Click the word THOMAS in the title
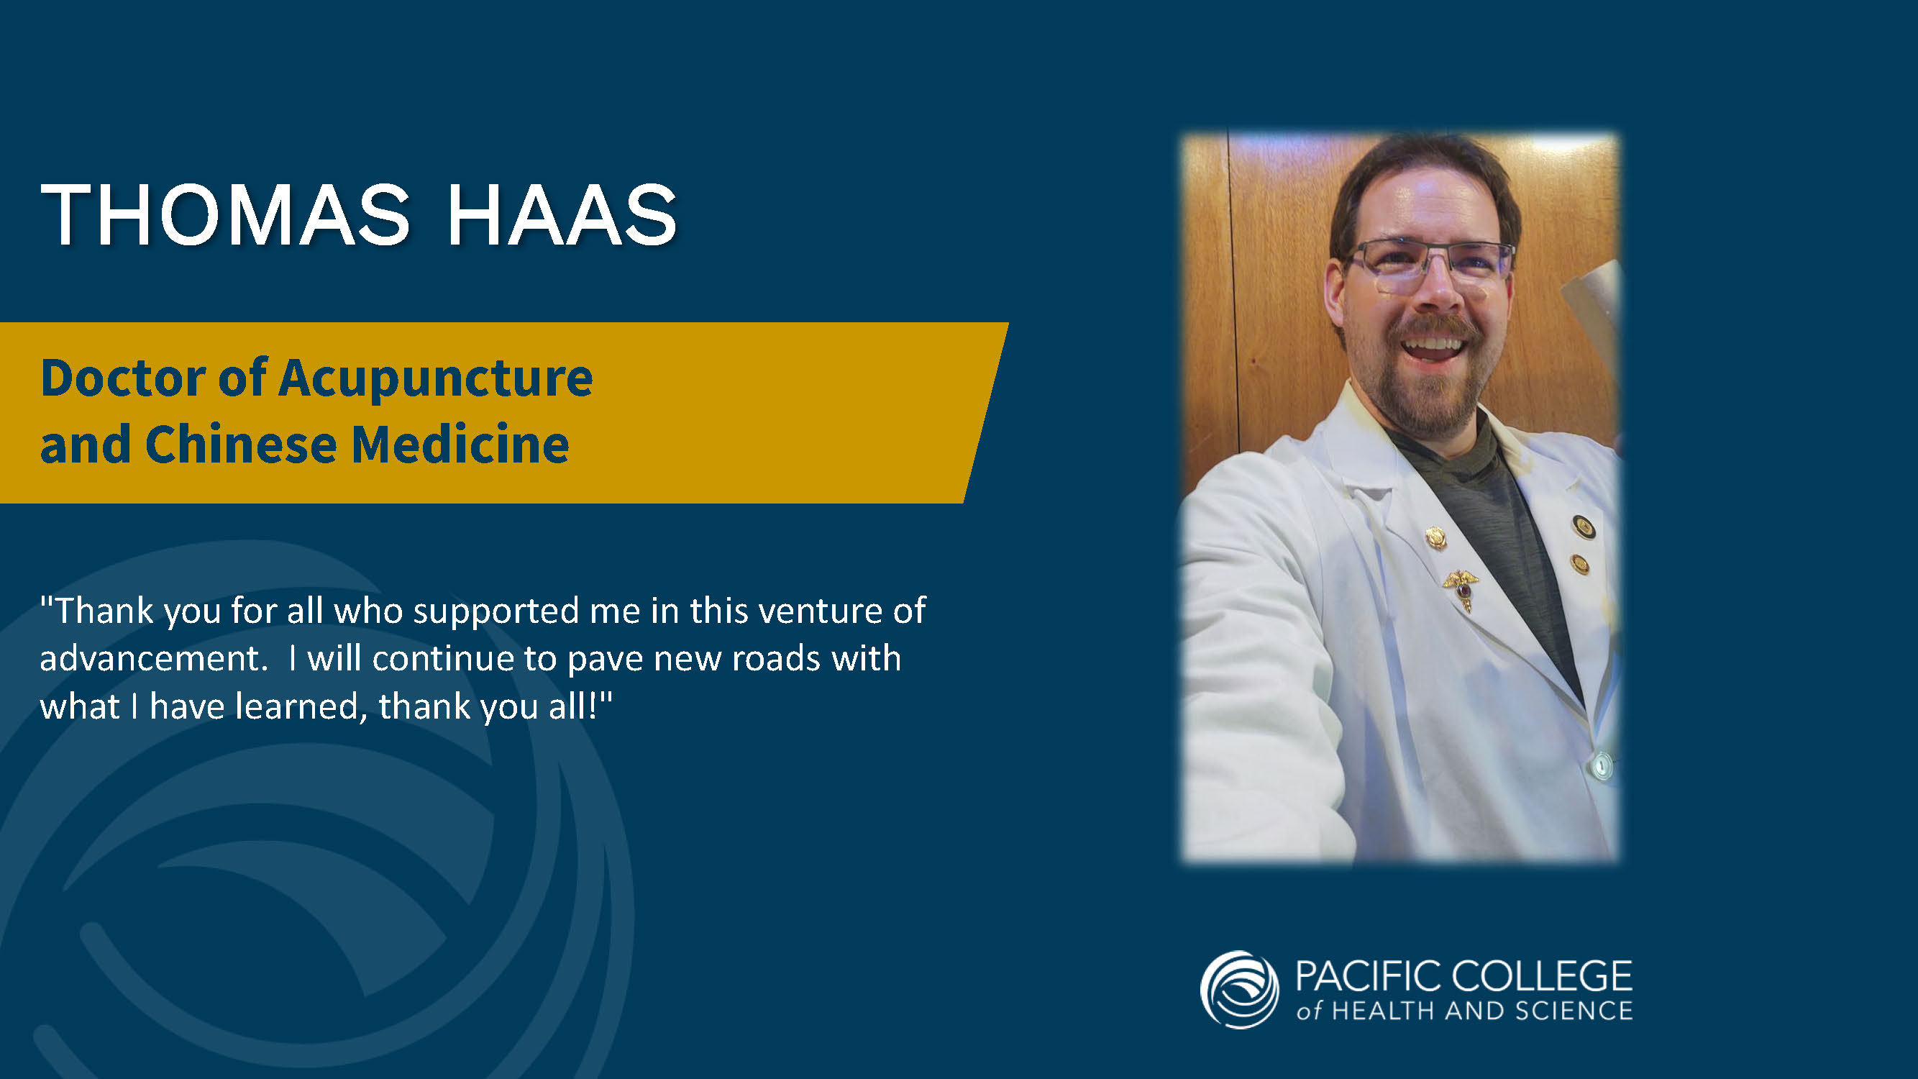coord(225,214)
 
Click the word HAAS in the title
coord(562,214)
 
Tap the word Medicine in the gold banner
coord(460,445)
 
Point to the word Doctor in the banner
coord(123,378)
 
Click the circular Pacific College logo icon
coord(1239,990)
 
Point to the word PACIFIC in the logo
coord(1368,975)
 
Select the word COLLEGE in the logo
coord(1541,975)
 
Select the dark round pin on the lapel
coord(1583,527)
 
